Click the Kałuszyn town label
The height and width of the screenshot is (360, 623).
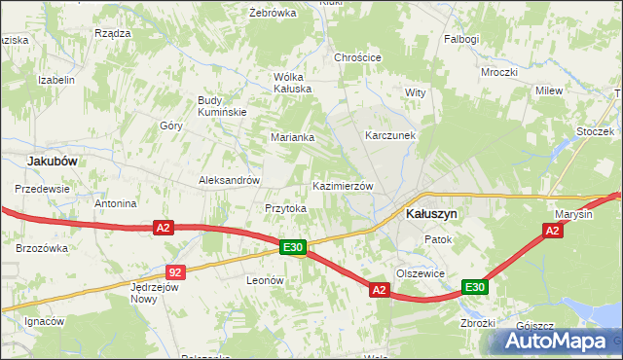point(431,214)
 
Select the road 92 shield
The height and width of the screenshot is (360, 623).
point(174,272)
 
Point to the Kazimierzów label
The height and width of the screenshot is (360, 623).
point(343,186)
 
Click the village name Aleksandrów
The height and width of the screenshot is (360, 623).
point(229,180)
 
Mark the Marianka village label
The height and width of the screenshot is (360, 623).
point(292,137)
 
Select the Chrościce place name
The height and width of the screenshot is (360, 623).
point(357,57)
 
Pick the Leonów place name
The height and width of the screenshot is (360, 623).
point(264,280)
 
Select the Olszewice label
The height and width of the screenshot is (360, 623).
point(421,273)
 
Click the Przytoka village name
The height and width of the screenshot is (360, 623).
point(286,208)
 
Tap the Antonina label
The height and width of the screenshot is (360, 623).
point(115,204)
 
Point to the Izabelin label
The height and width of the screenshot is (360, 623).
point(55,81)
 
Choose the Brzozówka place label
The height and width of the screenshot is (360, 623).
point(42,248)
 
